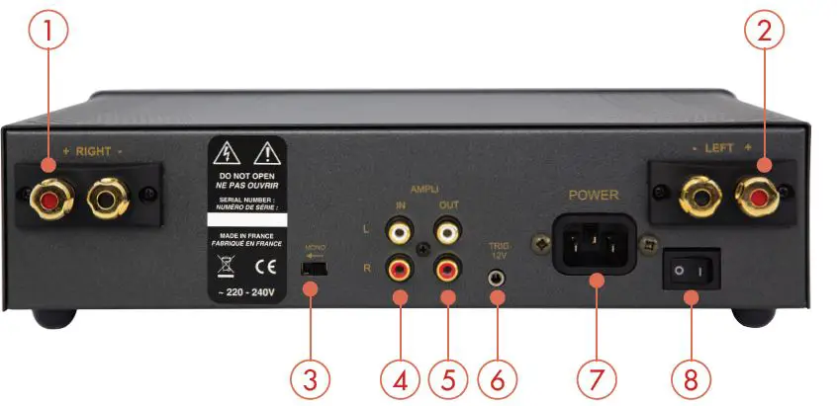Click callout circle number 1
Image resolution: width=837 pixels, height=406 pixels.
[47, 34]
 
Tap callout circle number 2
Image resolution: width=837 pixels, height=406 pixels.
[763, 34]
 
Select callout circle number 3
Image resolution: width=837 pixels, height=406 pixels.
[311, 379]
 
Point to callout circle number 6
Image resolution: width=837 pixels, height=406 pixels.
[498, 379]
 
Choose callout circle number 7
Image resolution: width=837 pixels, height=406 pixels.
[597, 379]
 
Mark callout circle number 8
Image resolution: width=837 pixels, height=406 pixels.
[692, 379]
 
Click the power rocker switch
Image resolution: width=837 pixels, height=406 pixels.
[691, 269]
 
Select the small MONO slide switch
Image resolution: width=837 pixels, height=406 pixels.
[314, 267]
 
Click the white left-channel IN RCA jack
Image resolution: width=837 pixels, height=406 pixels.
[400, 232]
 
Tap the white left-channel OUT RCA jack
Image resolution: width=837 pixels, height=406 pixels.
[448, 232]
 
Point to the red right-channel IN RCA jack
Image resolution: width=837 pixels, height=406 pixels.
[400, 268]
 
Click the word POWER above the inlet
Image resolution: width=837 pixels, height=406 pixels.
[595, 195]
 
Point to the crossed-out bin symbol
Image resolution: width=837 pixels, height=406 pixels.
[225, 267]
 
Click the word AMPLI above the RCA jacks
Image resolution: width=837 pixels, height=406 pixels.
[424, 186]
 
